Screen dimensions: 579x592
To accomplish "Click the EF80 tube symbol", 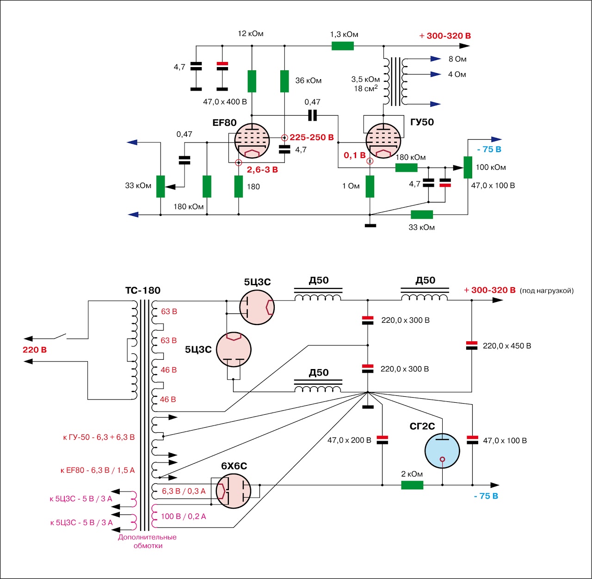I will [252, 141].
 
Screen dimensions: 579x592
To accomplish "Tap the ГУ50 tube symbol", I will [383, 141].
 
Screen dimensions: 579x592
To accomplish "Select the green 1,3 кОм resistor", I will [343, 46].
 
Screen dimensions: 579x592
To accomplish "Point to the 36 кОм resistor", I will [284, 81].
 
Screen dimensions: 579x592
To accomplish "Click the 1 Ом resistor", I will [370, 186].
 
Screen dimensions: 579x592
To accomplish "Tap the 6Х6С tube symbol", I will [234, 491].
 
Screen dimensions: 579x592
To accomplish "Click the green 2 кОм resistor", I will [412, 485].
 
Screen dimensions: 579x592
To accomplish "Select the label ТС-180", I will [143, 290].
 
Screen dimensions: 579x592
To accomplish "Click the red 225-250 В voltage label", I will [311, 137].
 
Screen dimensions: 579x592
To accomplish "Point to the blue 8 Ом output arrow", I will [436, 59].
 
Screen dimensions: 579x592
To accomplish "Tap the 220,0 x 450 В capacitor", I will [471, 345].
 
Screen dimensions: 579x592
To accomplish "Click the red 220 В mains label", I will [35, 350].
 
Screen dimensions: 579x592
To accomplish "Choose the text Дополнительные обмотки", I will [147, 541].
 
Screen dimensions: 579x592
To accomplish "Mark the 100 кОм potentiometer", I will [468, 167].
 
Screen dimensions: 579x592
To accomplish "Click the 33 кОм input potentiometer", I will [160, 186].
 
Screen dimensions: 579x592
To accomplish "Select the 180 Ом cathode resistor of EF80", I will [238, 186].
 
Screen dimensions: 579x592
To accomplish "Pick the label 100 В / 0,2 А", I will [184, 516].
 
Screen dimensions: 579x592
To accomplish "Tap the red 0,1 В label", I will [354, 155].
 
